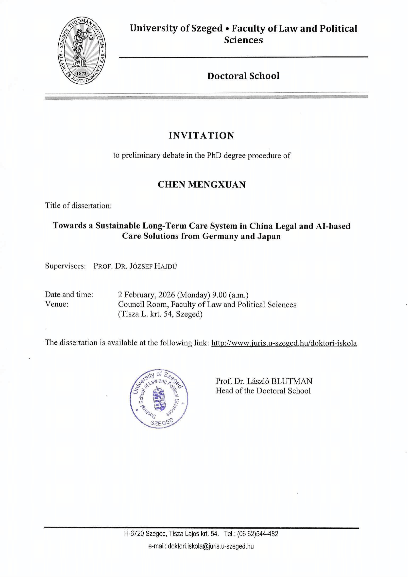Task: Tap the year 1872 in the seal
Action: tap(81, 74)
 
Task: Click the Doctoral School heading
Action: tap(243, 76)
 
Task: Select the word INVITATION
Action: tap(202, 136)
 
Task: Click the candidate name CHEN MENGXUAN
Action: tap(202, 185)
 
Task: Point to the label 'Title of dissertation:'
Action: tap(78, 205)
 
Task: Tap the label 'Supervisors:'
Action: tap(66, 266)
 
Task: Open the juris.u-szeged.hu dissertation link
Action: tap(284, 343)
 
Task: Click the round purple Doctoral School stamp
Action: tap(159, 399)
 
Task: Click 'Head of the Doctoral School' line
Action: tap(263, 391)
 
